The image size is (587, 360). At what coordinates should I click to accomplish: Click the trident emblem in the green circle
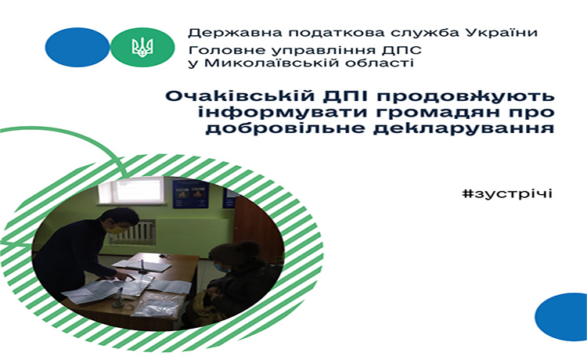pyautogui.click(x=142, y=47)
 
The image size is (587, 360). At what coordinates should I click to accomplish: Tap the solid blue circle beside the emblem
pyautogui.click(x=77, y=47)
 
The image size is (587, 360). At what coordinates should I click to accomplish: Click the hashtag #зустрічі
pyautogui.click(x=507, y=194)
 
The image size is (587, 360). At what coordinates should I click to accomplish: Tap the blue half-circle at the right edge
pyautogui.click(x=561, y=317)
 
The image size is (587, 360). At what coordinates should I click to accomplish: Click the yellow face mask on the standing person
pyautogui.click(x=117, y=229)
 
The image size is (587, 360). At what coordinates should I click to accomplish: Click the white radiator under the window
pyautogui.click(x=132, y=232)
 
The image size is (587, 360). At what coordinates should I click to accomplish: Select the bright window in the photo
pyautogui.click(x=131, y=190)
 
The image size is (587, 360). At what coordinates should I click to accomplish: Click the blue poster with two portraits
pyautogui.click(x=190, y=194)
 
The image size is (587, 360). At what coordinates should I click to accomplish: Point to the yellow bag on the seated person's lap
pyautogui.click(x=204, y=302)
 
